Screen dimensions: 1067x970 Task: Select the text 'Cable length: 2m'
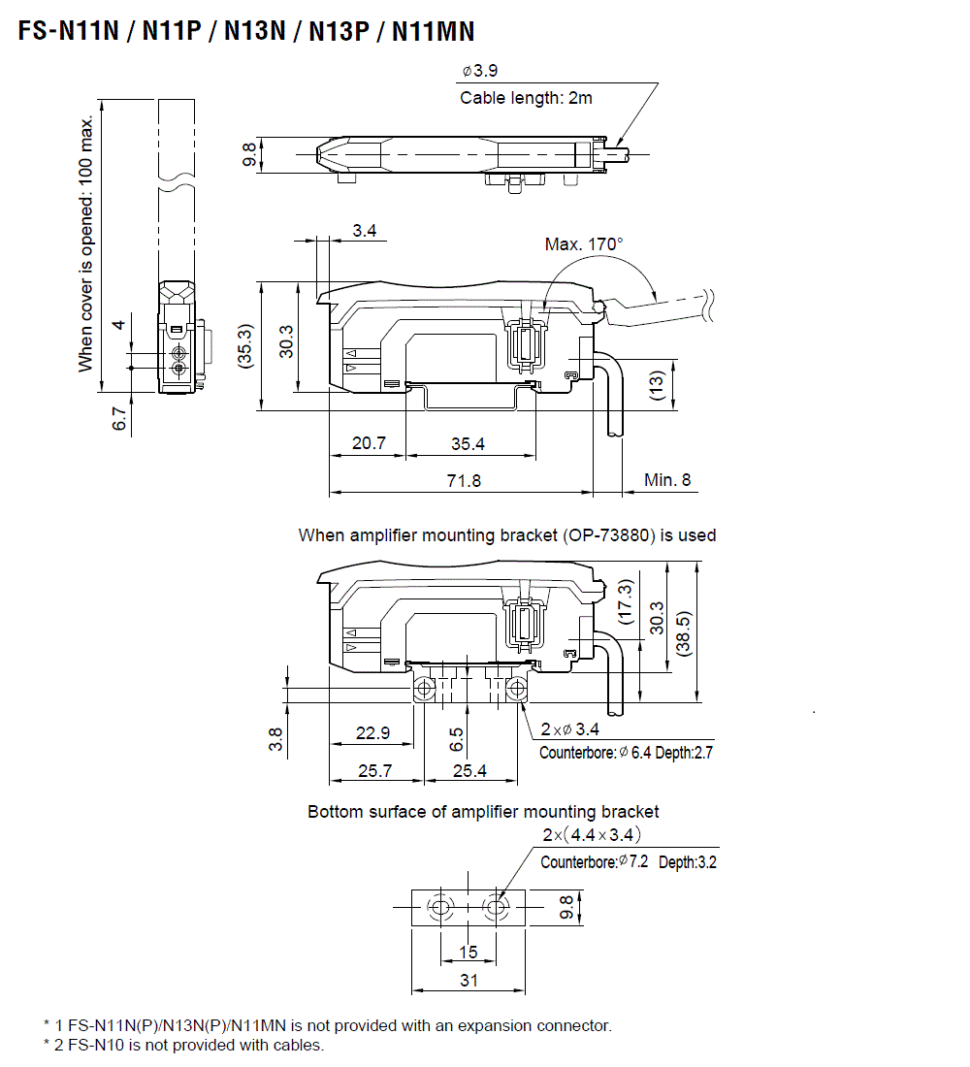click(x=526, y=98)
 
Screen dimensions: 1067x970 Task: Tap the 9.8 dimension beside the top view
click(x=249, y=154)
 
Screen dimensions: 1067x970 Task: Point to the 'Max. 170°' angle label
click(x=582, y=243)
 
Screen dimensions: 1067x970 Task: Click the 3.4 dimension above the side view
click(x=365, y=231)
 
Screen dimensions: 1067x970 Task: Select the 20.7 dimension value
click(x=369, y=443)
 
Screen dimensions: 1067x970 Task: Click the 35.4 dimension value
click(x=468, y=443)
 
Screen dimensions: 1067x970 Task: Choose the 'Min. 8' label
click(x=667, y=480)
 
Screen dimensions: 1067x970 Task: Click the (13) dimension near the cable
click(x=657, y=385)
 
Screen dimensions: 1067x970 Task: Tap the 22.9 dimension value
click(x=372, y=733)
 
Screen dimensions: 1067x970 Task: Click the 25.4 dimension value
click(x=469, y=771)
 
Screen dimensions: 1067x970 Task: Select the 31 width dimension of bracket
click(x=469, y=980)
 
